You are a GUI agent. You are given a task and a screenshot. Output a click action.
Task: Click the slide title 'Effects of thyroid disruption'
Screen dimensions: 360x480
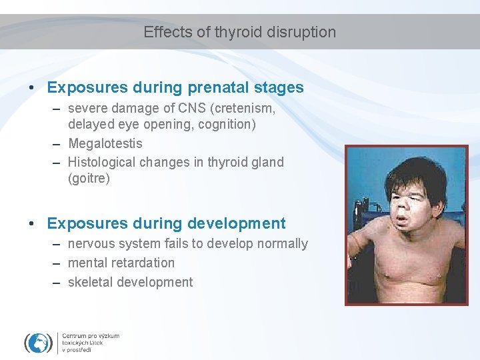(x=239, y=32)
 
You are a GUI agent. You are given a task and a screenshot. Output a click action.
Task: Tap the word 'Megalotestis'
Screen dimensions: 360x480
(x=105, y=143)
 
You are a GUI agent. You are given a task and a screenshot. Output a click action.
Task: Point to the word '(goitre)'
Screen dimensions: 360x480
(x=89, y=179)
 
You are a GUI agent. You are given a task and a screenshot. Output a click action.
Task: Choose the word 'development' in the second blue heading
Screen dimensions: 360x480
(x=243, y=223)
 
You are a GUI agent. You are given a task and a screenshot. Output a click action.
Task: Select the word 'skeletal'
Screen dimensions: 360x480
(x=90, y=282)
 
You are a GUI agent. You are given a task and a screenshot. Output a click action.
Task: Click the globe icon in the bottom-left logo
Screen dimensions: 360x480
(x=38, y=342)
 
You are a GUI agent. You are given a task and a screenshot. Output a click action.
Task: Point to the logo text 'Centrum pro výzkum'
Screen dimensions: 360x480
(x=91, y=335)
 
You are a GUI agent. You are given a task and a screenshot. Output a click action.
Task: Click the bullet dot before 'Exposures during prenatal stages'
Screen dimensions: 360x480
(x=32, y=88)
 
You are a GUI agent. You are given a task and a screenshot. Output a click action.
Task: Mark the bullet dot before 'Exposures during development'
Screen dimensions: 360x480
(x=32, y=224)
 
